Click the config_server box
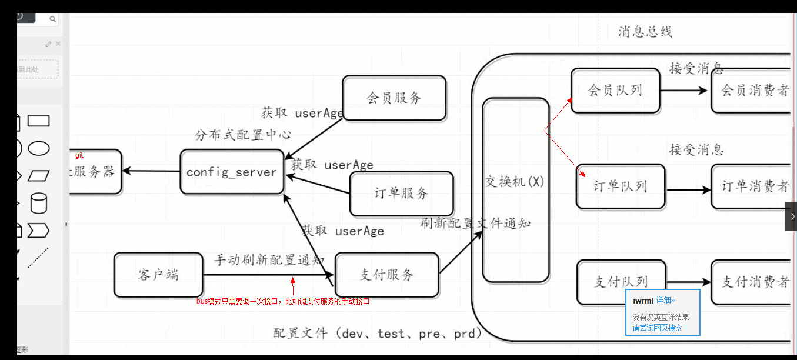[232, 172]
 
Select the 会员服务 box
[394, 98]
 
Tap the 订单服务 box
[401, 194]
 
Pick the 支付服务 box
[386, 275]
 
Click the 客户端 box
[158, 275]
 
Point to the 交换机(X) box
[515, 189]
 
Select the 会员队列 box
[615, 91]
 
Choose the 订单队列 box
[620, 186]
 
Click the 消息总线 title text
[645, 32]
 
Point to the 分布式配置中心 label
[243, 135]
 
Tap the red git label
[79, 156]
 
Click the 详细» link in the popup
[665, 301]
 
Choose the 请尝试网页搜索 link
[657, 328]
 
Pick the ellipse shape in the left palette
[39, 148]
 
